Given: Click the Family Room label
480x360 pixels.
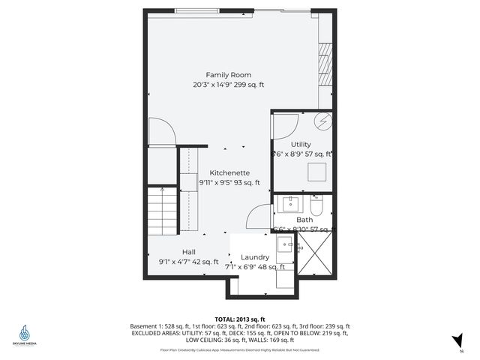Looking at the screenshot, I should (229, 74).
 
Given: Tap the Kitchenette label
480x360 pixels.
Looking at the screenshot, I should (229, 172).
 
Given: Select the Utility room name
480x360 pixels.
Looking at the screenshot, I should (301, 144).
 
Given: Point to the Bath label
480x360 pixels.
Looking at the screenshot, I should (304, 220).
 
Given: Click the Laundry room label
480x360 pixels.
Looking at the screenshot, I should (255, 257).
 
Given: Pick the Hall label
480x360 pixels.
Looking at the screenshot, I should (189, 252).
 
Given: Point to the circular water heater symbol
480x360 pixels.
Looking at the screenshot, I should (325, 121).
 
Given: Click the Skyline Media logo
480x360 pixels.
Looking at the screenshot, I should (25, 334).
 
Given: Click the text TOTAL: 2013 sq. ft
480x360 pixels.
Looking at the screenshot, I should (240, 319).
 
